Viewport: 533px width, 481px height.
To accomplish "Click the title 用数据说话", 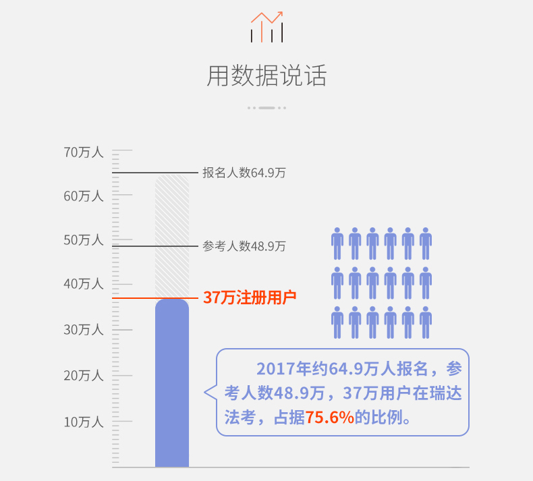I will (266, 76).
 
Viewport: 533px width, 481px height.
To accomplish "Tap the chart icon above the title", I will (266, 27).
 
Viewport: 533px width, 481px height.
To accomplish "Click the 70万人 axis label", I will (84, 152).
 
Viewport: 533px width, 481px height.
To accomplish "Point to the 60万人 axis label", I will (84, 196).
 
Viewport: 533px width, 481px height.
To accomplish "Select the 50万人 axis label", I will (84, 240).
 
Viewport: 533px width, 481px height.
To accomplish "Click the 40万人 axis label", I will (84, 285).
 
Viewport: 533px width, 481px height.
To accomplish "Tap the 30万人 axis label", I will (84, 330).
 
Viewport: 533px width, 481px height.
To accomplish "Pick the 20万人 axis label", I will (84, 376).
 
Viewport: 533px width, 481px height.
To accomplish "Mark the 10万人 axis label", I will (84, 422).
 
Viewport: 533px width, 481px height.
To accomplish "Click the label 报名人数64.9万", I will (244, 173).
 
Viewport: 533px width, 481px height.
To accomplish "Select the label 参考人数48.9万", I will (244, 246).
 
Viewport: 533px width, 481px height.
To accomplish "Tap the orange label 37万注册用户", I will (250, 298).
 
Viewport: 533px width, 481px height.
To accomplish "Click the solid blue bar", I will (172, 385).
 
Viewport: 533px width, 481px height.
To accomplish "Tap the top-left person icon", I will (337, 244).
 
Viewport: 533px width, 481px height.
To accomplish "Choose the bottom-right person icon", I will (425, 322).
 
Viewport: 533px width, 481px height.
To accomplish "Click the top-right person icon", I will (425, 244).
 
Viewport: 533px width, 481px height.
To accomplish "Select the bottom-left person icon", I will (337, 322).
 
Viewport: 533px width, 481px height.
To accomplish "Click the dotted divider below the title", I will (266, 107).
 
